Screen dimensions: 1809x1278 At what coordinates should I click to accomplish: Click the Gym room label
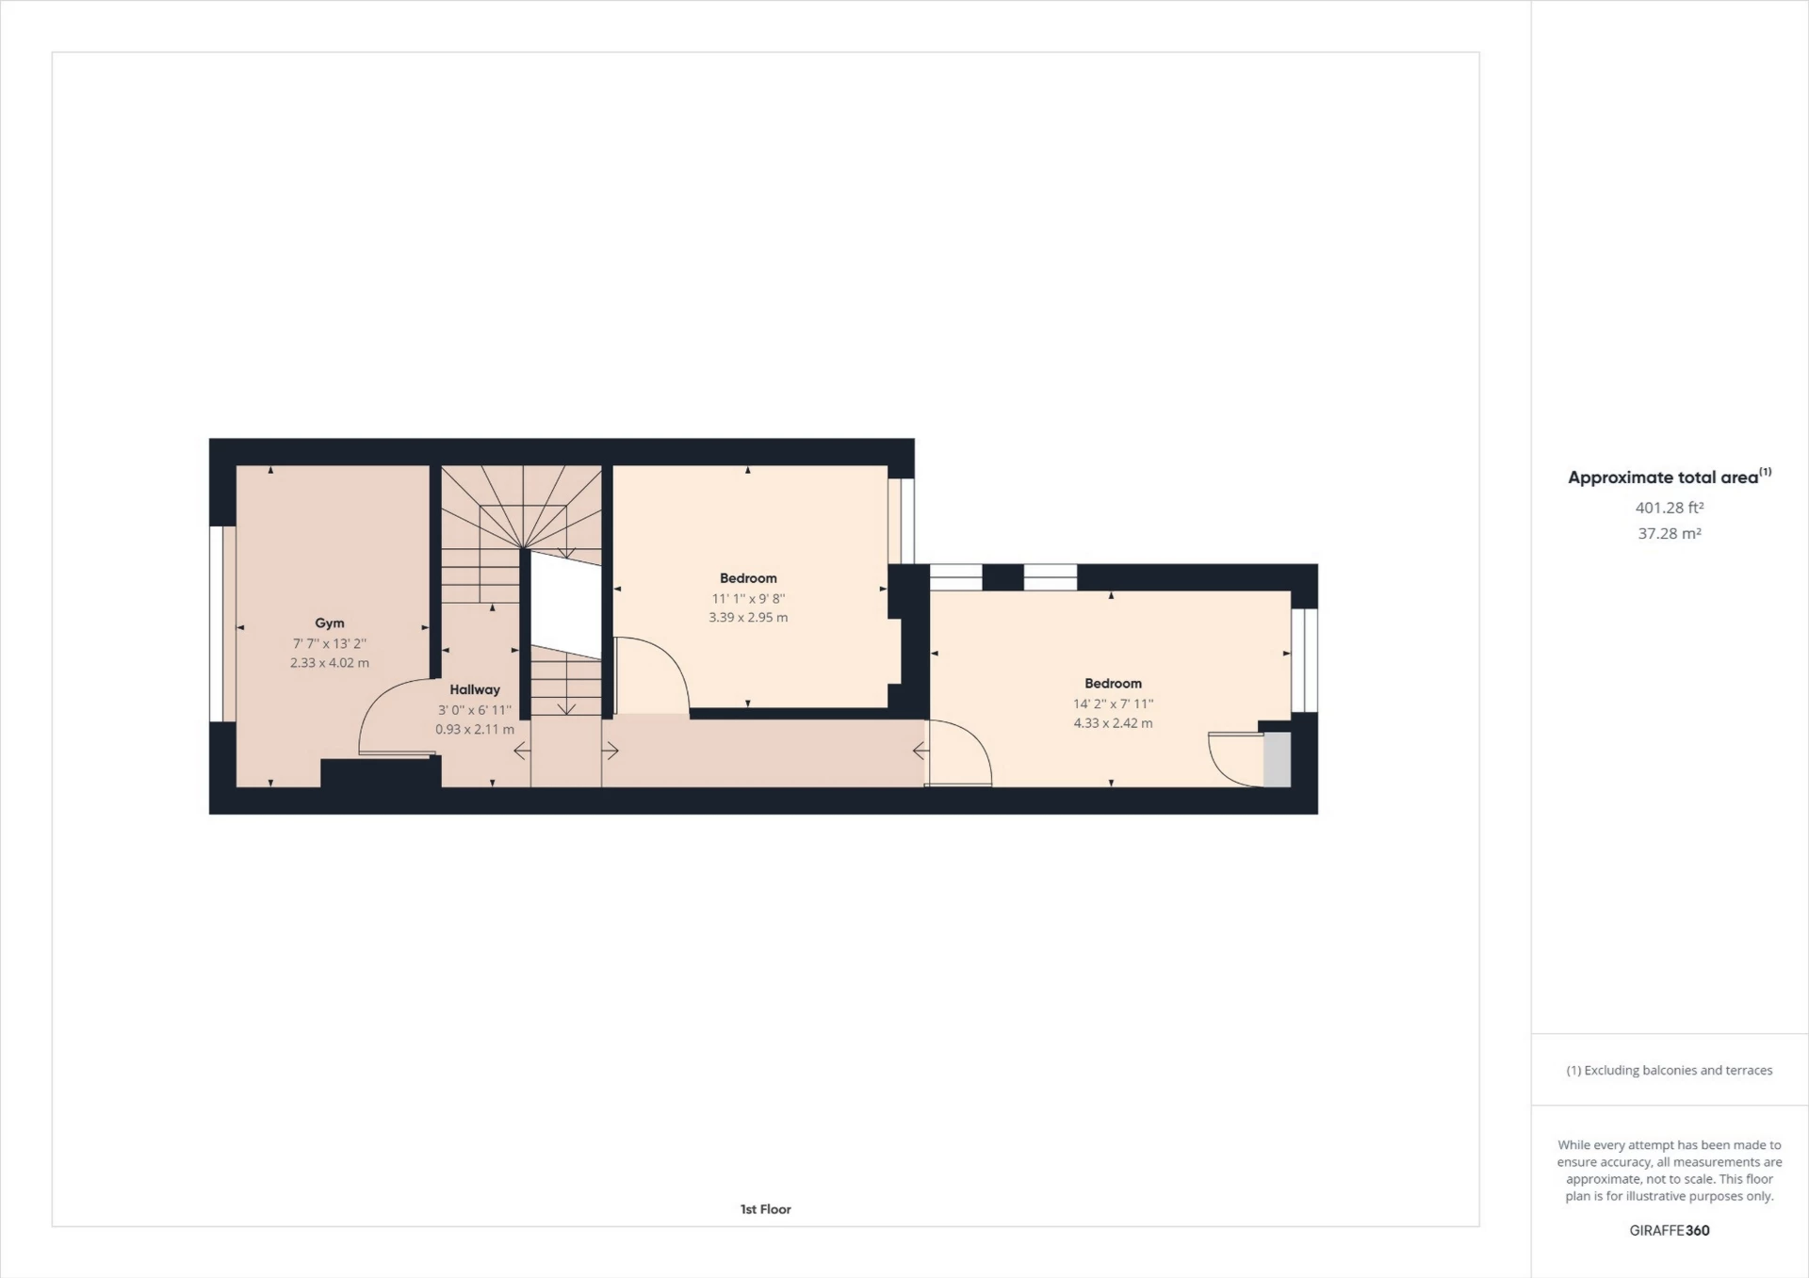click(329, 623)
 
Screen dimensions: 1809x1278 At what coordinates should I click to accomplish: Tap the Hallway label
click(475, 689)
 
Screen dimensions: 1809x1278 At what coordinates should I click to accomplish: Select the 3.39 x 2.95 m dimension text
click(748, 618)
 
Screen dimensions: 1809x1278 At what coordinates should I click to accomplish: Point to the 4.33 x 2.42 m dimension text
click(1113, 723)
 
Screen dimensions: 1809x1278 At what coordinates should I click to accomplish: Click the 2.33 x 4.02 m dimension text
click(330, 663)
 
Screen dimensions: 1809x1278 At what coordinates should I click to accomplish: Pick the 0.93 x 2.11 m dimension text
click(475, 729)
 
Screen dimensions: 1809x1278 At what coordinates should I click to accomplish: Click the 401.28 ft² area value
click(1670, 508)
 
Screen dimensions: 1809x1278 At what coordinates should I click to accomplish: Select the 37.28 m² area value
click(1670, 534)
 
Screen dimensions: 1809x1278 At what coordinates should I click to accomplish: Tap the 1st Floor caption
click(765, 1209)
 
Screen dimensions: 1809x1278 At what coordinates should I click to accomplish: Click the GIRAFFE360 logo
click(1670, 1230)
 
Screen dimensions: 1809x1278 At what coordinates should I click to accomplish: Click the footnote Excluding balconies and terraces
click(1669, 1070)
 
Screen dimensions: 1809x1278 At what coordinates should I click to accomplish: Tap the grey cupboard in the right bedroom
click(1277, 759)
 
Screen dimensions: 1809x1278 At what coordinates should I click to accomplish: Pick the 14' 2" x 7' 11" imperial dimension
click(1113, 704)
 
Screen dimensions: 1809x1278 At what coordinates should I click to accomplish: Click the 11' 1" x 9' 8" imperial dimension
click(748, 598)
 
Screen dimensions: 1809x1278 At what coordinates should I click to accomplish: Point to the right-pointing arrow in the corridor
click(611, 751)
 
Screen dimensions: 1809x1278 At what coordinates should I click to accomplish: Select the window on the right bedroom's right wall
click(1304, 660)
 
